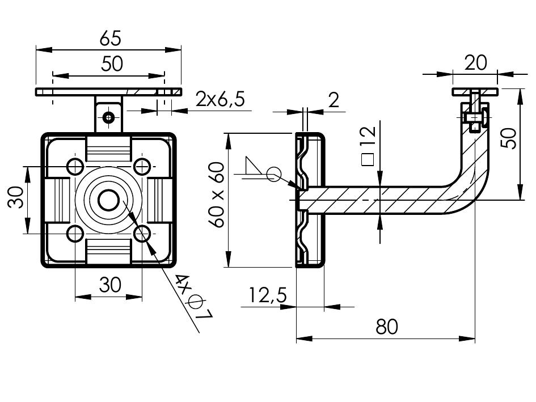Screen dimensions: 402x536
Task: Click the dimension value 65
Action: [x=110, y=39]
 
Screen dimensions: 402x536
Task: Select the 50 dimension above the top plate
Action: [x=112, y=64]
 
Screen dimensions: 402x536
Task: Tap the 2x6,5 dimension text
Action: [x=220, y=99]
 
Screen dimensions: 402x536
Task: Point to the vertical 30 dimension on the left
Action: [x=17, y=199]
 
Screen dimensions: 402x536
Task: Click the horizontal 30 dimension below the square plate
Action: [x=110, y=285]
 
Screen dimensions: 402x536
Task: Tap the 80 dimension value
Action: [x=386, y=327]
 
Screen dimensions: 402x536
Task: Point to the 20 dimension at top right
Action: [x=475, y=63]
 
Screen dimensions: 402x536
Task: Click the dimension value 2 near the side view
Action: [x=334, y=100]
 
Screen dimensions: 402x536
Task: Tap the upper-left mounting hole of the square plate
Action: [x=75, y=166]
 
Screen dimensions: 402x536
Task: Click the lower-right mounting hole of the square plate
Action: [x=142, y=232]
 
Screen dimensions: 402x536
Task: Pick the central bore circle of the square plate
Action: [x=108, y=200]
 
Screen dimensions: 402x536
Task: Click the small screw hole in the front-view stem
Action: [x=108, y=117]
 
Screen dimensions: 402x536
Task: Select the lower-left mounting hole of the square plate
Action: [x=75, y=232]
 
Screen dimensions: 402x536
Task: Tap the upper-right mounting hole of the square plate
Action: [x=142, y=166]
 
